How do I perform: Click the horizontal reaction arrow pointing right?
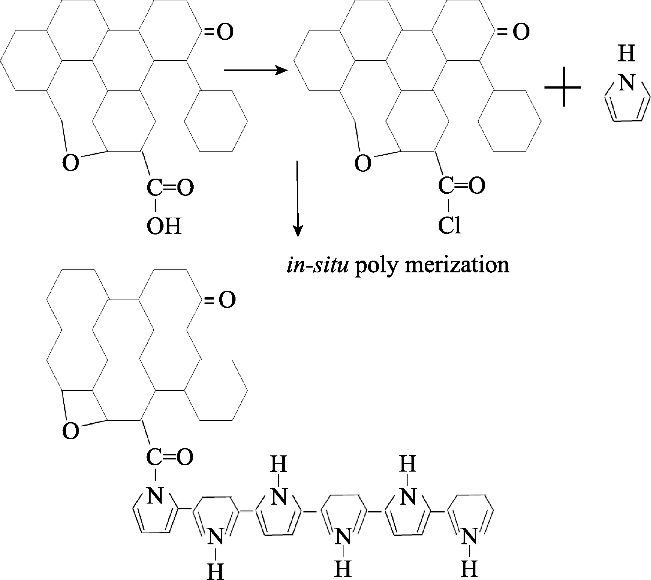[x=255, y=70]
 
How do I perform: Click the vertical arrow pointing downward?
[x=298, y=199]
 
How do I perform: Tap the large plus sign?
[x=562, y=87]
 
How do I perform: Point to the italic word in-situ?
[x=317, y=265]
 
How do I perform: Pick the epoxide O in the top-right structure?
[x=363, y=163]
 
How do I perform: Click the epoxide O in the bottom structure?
[x=71, y=431]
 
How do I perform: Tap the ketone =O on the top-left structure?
[x=219, y=32]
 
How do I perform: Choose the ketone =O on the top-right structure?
[x=514, y=32]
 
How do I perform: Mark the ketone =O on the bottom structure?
[x=220, y=301]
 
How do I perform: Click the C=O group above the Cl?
[x=461, y=186]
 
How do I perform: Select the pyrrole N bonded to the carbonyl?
[x=154, y=496]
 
